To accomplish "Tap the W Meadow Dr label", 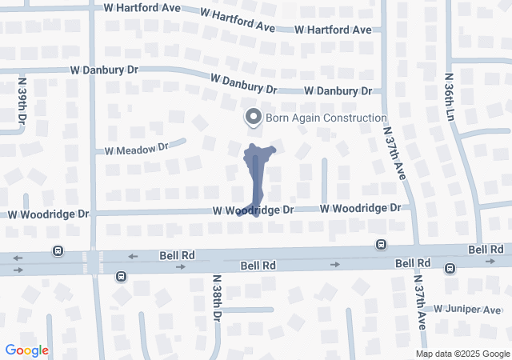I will tap(133, 149).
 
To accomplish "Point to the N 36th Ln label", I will tap(450, 98).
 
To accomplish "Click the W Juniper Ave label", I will tap(467, 310).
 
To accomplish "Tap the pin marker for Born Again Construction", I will tap(254, 118).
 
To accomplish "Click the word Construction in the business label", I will tap(345, 118).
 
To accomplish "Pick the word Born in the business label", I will tap(281, 118).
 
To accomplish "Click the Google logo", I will tap(26, 350).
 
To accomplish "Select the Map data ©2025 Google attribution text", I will tap(462, 354).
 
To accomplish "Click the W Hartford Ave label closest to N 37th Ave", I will tap(333, 30).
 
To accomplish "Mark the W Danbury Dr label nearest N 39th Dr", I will tap(105, 70).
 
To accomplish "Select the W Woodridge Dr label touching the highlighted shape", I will tap(254, 209).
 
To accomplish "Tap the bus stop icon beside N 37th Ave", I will tap(382, 244).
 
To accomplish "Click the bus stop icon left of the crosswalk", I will tap(58, 250).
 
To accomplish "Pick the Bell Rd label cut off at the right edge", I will tap(487, 250).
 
